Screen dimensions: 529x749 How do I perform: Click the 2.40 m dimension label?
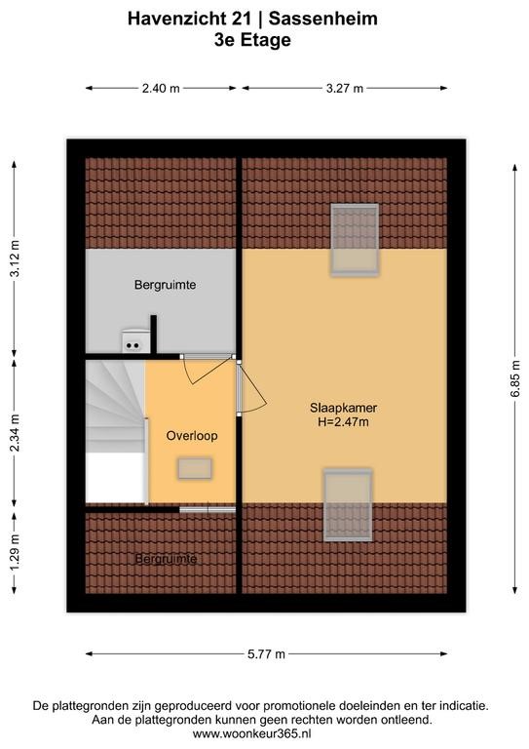(161, 89)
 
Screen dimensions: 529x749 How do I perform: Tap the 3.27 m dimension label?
(345, 89)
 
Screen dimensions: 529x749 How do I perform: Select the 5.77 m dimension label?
(266, 654)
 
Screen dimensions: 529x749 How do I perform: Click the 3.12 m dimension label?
(15, 258)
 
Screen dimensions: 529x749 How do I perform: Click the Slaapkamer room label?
(344, 408)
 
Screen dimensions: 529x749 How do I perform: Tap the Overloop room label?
(192, 436)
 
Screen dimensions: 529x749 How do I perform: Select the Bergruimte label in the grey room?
(165, 285)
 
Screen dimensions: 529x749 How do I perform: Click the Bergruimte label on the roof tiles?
(166, 559)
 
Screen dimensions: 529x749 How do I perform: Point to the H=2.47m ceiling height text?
(344, 421)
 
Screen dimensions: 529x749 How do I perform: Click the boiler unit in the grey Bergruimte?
(133, 340)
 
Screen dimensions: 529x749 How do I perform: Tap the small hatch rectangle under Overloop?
(195, 468)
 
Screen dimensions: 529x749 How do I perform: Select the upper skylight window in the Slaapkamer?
(355, 240)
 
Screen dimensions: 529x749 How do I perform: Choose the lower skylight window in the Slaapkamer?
(348, 505)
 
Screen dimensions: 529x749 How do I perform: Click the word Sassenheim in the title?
(322, 19)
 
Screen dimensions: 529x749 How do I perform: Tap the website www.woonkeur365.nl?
(252, 733)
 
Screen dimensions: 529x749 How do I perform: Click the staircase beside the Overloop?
(115, 431)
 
